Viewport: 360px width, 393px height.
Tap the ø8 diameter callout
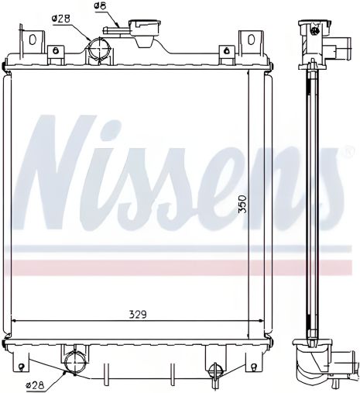(x=100, y=7)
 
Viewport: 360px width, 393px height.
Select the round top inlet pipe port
(x=98, y=50)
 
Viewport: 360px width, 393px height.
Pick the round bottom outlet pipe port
(x=75, y=362)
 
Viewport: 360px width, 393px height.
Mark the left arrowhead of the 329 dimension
(x=14, y=321)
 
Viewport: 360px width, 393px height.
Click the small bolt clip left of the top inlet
(x=55, y=53)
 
